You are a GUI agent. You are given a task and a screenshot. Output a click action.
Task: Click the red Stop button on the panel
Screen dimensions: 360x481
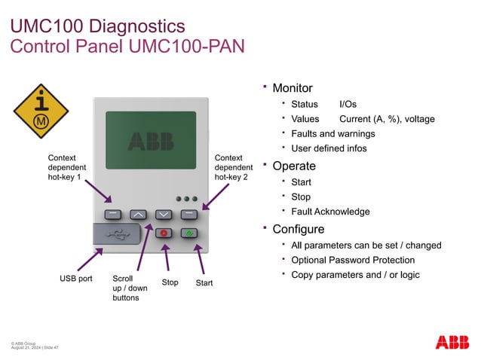click(x=164, y=233)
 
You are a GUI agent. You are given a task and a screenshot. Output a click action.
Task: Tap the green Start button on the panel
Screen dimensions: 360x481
click(x=189, y=233)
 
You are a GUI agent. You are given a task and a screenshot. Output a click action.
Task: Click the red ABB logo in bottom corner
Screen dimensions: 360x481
click(x=452, y=342)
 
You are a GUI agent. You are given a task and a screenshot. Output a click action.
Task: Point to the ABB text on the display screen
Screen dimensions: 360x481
click(x=150, y=141)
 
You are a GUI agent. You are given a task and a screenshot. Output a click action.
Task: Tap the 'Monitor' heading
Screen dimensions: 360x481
click(x=292, y=88)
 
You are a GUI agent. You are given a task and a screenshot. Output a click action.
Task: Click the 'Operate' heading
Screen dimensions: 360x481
click(x=293, y=166)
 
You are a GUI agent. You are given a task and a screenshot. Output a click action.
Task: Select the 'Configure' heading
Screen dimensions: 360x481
click(x=298, y=229)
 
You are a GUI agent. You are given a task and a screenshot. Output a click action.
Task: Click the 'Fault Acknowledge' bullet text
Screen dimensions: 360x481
click(x=330, y=212)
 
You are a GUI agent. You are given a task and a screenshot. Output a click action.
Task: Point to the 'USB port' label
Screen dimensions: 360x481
click(x=75, y=279)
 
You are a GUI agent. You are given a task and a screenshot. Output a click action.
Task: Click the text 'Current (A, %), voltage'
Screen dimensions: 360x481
click(x=387, y=119)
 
